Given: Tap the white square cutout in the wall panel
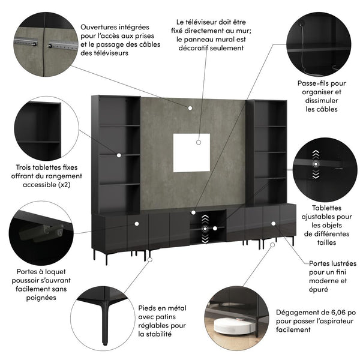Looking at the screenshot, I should coord(191,152).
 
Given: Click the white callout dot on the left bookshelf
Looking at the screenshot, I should coord(119,155).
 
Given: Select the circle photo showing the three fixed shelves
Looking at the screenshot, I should coord(39,130).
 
